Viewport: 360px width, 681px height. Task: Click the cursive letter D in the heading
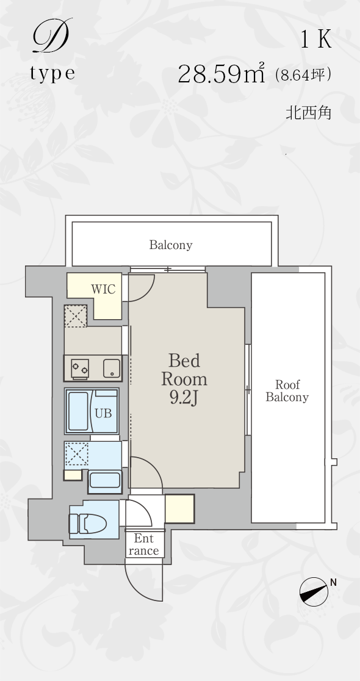(51, 36)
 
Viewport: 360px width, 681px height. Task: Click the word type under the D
(52, 73)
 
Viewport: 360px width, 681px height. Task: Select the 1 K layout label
(317, 40)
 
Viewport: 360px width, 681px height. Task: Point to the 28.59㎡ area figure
(221, 73)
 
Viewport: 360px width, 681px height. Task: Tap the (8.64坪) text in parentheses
(303, 75)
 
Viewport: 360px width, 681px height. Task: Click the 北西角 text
(308, 113)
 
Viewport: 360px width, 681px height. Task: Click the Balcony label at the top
(171, 245)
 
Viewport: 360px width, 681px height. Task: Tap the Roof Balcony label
(287, 391)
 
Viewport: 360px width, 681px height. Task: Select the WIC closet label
(103, 289)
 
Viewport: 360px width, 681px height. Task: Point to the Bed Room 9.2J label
(184, 379)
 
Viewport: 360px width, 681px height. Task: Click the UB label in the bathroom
(103, 414)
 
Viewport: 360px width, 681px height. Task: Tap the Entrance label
(144, 545)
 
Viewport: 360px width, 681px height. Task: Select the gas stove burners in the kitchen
(80, 369)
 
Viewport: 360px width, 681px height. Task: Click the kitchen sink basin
(111, 369)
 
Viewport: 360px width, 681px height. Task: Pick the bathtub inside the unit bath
(78, 411)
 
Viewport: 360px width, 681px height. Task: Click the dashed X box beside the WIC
(76, 316)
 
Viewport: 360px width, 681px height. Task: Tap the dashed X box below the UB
(76, 455)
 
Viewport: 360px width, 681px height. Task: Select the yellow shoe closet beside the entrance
(179, 508)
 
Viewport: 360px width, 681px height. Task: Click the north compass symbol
(314, 591)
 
